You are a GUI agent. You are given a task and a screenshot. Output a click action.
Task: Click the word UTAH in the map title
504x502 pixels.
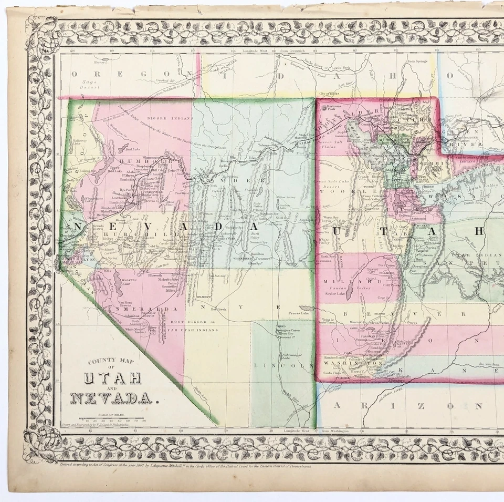(x=113, y=378)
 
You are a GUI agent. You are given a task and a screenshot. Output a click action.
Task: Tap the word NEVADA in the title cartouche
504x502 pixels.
(x=111, y=398)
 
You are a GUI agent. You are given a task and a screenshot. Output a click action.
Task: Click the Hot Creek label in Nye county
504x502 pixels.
(x=220, y=310)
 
